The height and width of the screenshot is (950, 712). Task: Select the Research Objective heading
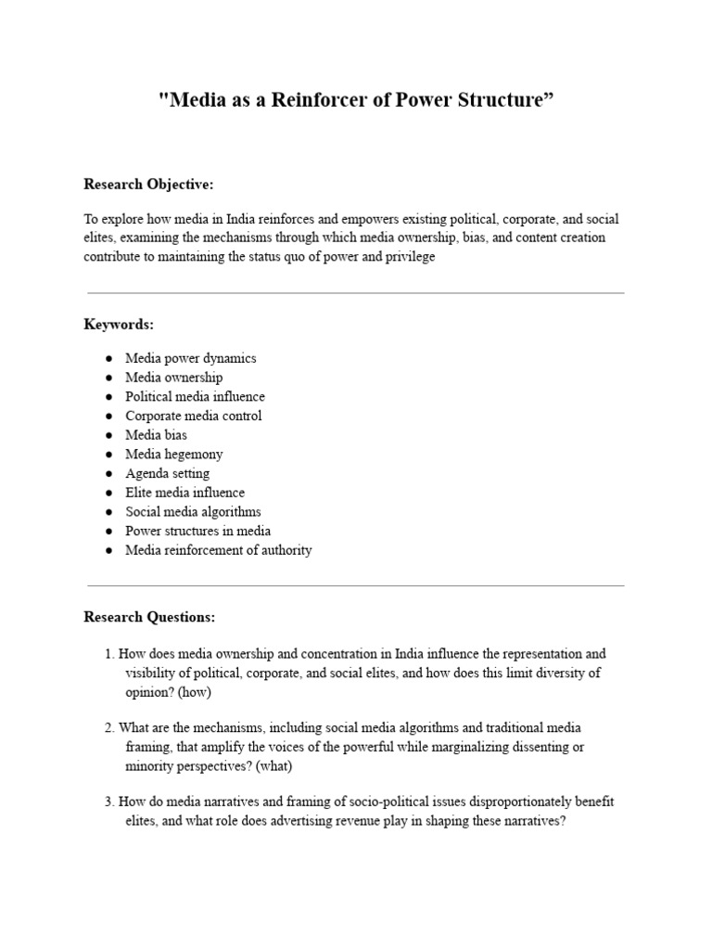point(148,185)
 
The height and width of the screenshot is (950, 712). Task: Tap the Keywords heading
point(119,325)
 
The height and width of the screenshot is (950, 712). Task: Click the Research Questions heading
point(149,617)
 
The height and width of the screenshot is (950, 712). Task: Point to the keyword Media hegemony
point(174,455)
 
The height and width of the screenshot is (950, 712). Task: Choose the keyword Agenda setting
point(168,474)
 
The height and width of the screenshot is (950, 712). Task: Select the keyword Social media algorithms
point(194,512)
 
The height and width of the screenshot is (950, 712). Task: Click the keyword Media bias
point(157,435)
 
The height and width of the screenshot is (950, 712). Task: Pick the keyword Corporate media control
point(194,416)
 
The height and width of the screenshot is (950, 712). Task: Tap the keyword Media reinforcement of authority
point(219,550)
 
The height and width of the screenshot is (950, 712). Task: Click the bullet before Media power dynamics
point(108,358)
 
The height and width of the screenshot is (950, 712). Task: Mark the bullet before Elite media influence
point(108,493)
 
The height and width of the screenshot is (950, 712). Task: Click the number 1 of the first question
point(108,654)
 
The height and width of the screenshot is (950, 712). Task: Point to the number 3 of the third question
point(108,802)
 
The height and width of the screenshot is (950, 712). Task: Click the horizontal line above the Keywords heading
point(355,293)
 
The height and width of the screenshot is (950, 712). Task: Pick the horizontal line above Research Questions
point(355,585)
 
